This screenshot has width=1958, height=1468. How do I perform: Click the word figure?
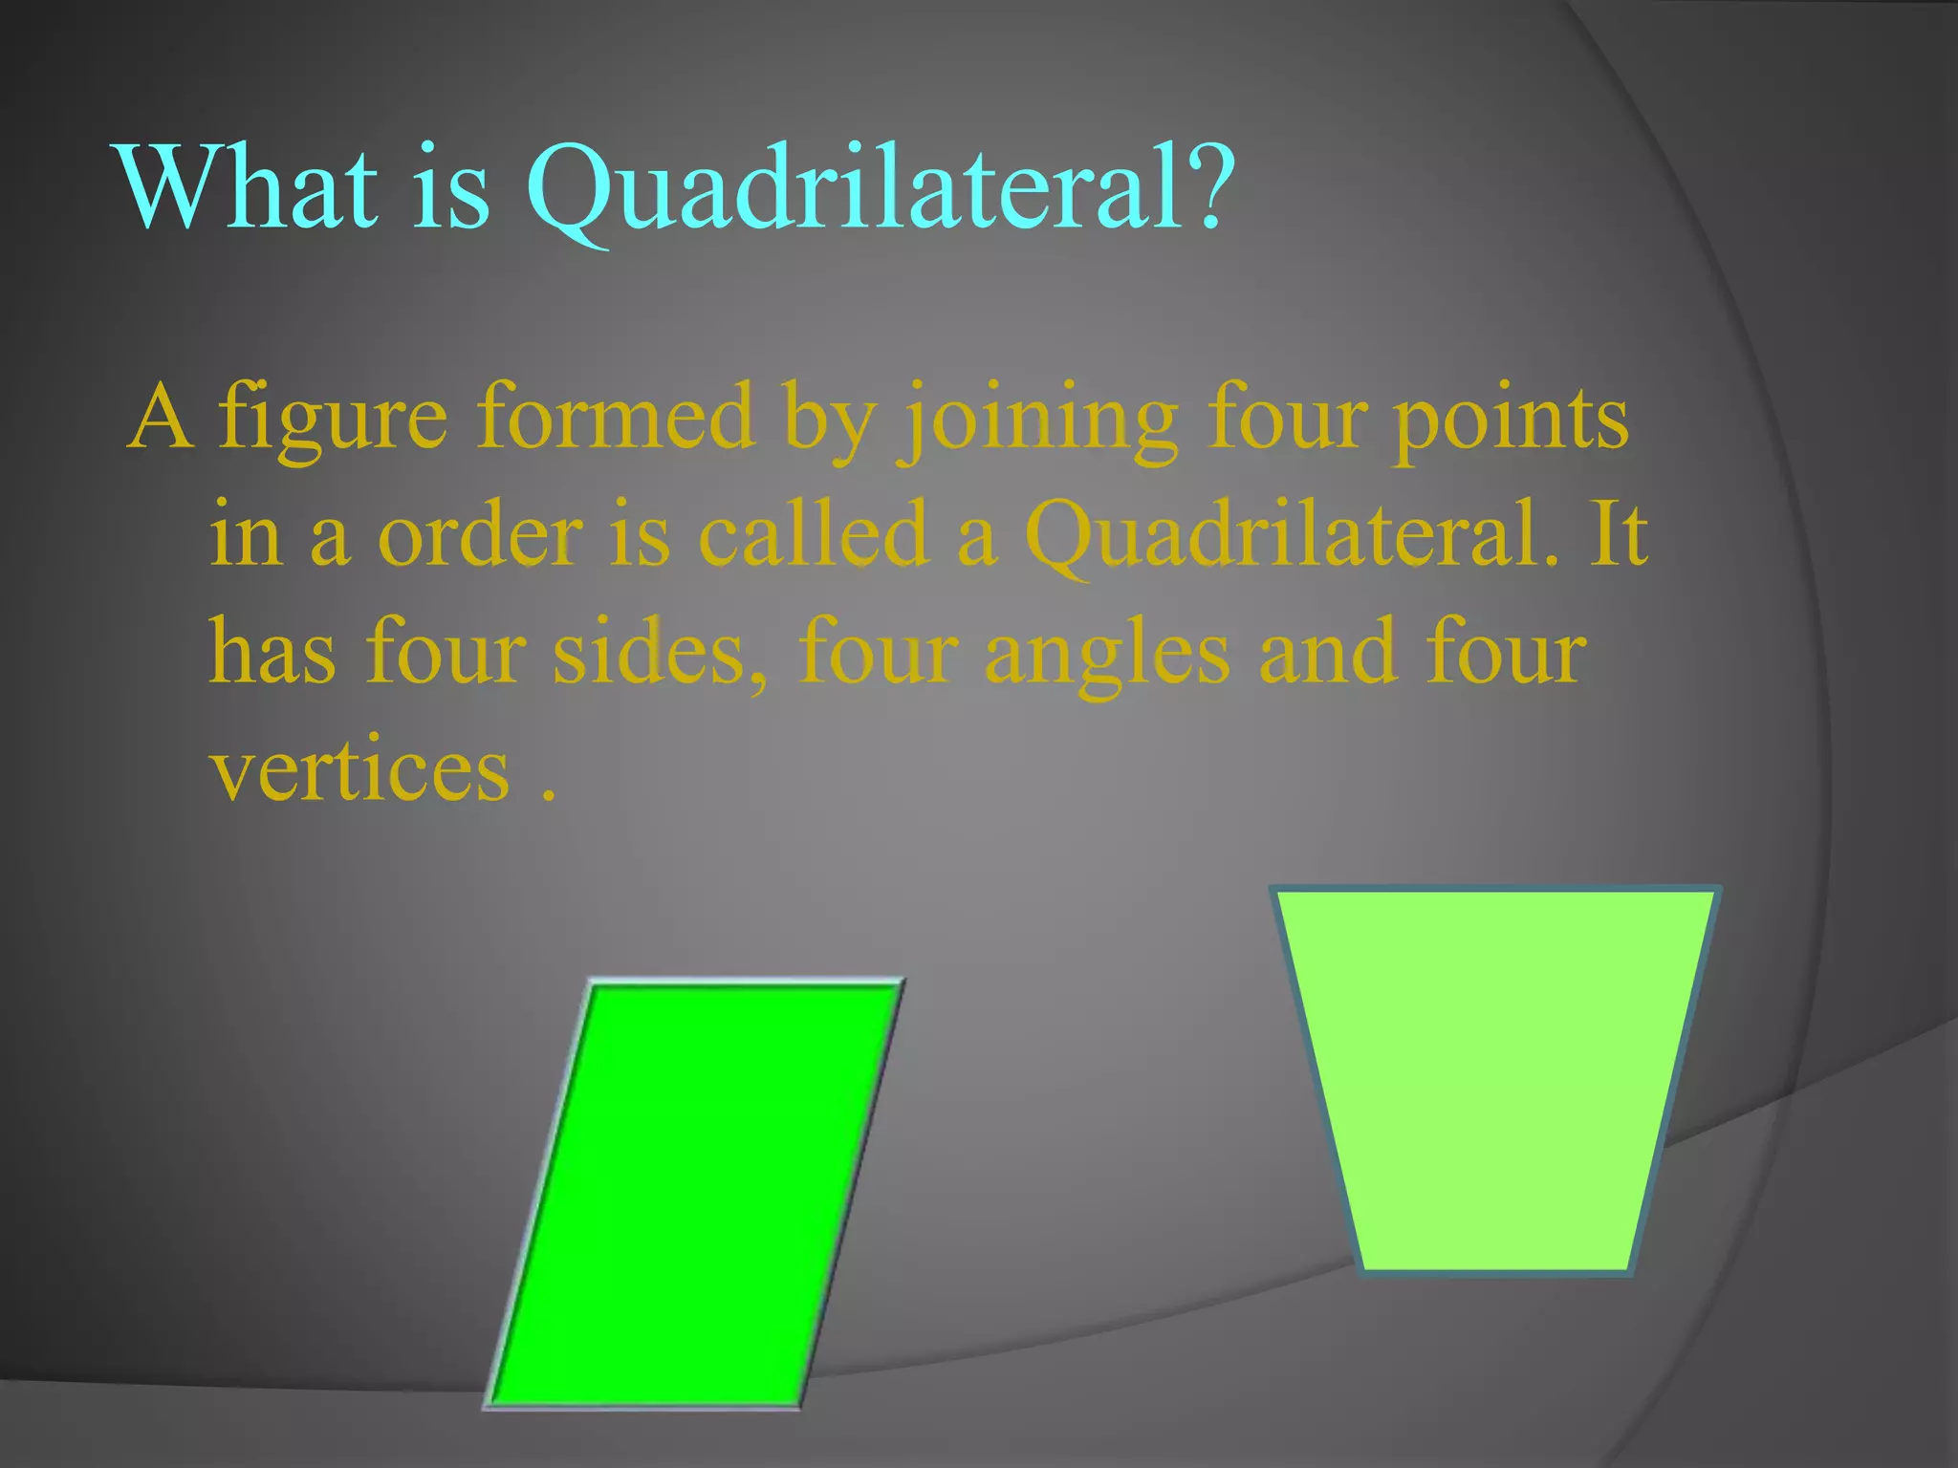click(332, 419)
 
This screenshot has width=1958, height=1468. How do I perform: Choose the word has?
click(272, 652)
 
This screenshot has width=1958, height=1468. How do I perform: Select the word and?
click(1327, 652)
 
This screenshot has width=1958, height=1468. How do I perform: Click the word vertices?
click(360, 770)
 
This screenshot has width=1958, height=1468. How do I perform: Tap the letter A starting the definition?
click(161, 417)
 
